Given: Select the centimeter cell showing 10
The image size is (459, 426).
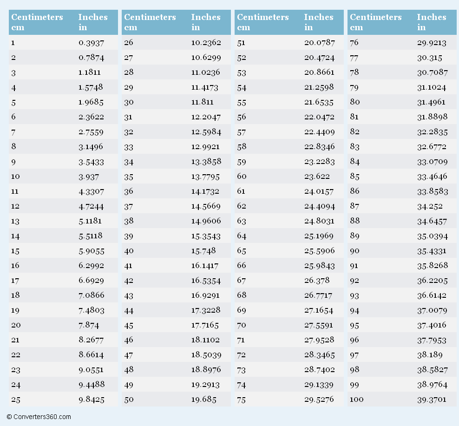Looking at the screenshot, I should pyautogui.click(x=15, y=177).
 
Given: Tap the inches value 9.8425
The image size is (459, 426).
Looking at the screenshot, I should pyautogui.click(x=92, y=400).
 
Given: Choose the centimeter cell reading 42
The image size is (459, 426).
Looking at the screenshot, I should pyautogui.click(x=129, y=281).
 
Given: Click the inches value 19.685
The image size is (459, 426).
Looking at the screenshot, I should pyautogui.click(x=203, y=400).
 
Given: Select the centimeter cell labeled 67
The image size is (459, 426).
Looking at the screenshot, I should pyautogui.click(x=242, y=281).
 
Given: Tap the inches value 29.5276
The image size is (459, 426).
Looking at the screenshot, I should pyautogui.click(x=319, y=400).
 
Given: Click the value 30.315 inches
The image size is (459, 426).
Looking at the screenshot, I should pyautogui.click(x=429, y=58).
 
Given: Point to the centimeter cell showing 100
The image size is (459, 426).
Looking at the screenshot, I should pyautogui.click(x=356, y=400).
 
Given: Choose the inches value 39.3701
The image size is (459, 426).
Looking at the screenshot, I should pyautogui.click(x=432, y=400).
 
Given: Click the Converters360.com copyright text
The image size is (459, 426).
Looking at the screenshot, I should pyautogui.click(x=39, y=417).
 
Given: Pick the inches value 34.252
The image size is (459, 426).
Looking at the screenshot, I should pyautogui.click(x=430, y=206).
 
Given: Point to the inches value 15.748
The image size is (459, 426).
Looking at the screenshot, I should pyautogui.click(x=203, y=251).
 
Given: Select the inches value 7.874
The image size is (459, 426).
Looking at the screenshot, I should pyautogui.click(x=89, y=325).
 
